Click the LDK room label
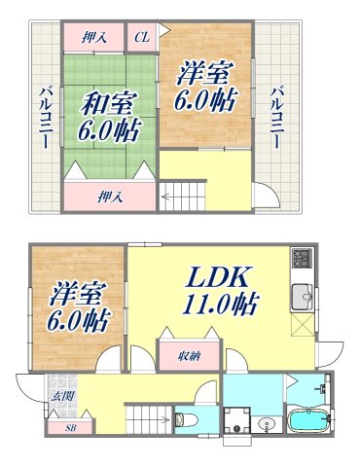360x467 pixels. click(x=220, y=275)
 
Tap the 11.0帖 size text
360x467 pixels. click(x=219, y=304)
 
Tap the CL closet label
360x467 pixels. click(x=141, y=37)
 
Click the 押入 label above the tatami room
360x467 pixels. click(x=94, y=37)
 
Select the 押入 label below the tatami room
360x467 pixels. click(x=109, y=197)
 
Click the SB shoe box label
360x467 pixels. click(x=70, y=426)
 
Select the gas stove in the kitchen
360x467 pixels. click(x=301, y=260)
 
